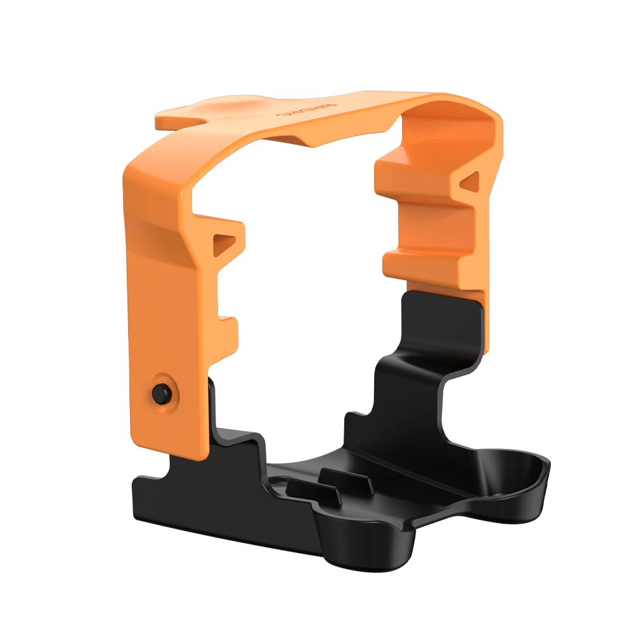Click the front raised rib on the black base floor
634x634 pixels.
(x=304, y=488)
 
